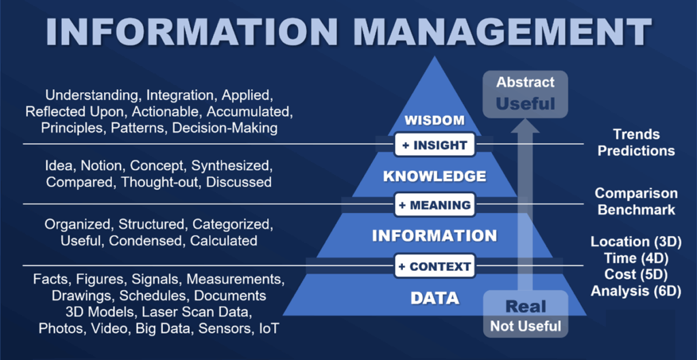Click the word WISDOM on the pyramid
(434, 121)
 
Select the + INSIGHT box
(435, 145)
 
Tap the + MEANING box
(435, 205)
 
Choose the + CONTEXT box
(435, 267)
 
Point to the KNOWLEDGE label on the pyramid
(435, 176)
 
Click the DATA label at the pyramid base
(434, 298)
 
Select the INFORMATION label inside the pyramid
(434, 235)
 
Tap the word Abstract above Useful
(525, 82)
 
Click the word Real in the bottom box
(525, 306)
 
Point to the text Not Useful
(525, 326)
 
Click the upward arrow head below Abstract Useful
(525, 126)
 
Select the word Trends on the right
(636, 134)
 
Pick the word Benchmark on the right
(636, 210)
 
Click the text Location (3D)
(636, 242)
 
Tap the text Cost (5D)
(636, 275)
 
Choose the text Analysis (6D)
(636, 291)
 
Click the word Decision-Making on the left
(225, 127)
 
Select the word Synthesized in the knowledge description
(231, 166)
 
